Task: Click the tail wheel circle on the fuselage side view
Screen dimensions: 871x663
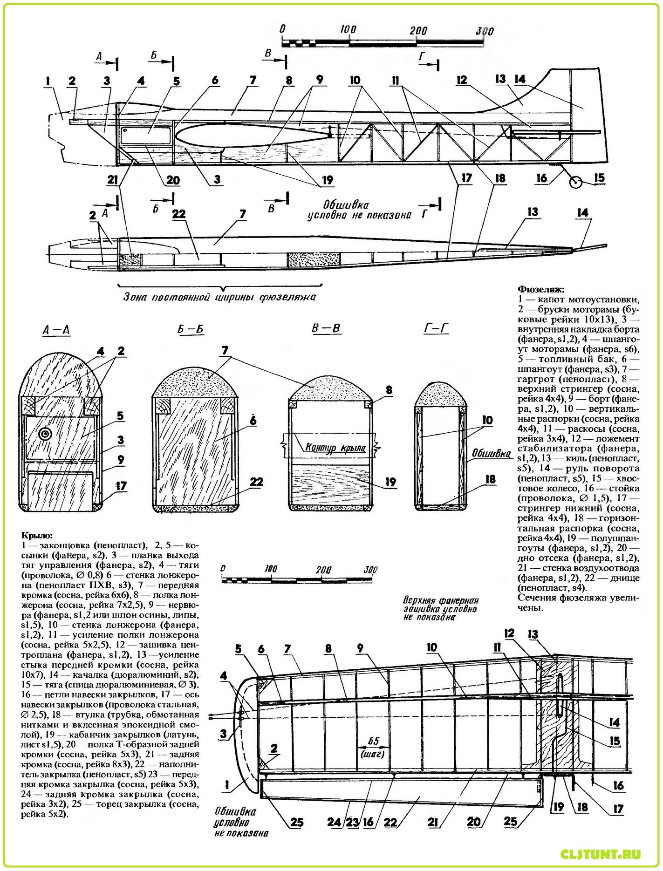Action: (577, 183)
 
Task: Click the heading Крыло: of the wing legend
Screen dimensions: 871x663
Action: (37, 536)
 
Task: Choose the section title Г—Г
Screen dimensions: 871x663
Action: (439, 329)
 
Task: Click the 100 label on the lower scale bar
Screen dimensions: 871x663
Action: (270, 569)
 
